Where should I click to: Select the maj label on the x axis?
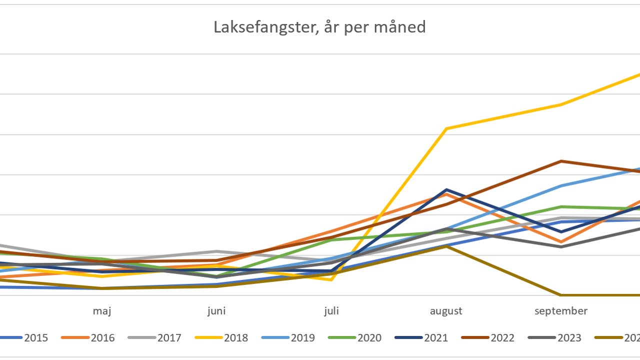click(101, 311)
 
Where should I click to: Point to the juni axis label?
click(216, 311)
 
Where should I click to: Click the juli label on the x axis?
click(331, 311)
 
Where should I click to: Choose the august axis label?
click(446, 311)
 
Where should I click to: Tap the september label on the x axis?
click(561, 311)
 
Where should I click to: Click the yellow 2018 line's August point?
click(446, 128)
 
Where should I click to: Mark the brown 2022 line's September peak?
click(561, 161)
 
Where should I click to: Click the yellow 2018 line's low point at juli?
click(331, 279)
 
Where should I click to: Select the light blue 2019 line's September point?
click(561, 185)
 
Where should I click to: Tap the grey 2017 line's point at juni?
click(216, 251)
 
